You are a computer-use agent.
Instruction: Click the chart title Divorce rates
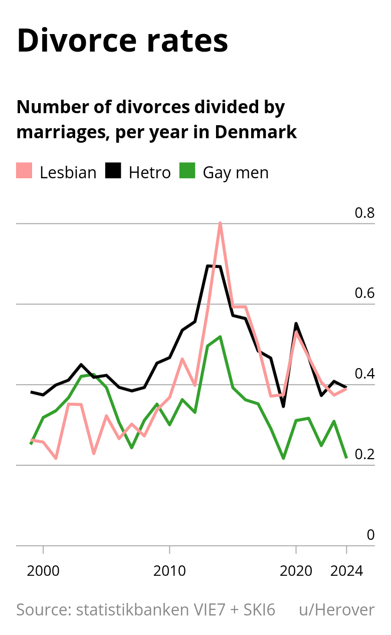(x=122, y=41)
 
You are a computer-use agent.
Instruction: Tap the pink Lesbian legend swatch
(x=24, y=171)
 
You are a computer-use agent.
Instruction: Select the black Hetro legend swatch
(x=113, y=171)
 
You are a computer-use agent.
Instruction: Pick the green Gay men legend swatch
(x=187, y=171)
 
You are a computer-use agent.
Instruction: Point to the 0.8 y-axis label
(x=364, y=213)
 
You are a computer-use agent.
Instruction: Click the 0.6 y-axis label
(x=364, y=293)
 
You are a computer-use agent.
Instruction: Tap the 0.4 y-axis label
(x=364, y=374)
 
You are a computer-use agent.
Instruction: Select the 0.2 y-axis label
(x=364, y=454)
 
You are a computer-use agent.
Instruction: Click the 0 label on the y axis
(x=370, y=535)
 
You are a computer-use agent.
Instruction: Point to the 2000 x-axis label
(x=44, y=571)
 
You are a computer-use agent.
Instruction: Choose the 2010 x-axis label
(x=169, y=571)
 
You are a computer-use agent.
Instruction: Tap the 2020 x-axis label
(x=296, y=571)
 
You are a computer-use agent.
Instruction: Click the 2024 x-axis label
(x=346, y=571)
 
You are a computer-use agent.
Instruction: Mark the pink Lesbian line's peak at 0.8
(x=220, y=223)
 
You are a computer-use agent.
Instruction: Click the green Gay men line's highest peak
(x=220, y=337)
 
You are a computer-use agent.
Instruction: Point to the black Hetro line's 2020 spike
(x=296, y=324)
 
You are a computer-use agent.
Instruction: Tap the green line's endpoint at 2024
(x=346, y=457)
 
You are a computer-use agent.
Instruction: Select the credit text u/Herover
(x=336, y=610)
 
